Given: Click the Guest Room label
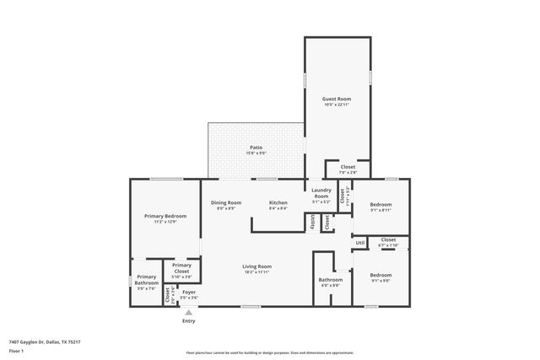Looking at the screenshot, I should (337, 99).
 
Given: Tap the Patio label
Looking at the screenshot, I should (255, 148).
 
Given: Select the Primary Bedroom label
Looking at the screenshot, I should (165, 216).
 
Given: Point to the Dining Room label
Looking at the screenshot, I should (226, 202).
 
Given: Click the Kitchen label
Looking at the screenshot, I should (278, 202).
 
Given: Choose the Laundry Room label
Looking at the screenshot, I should (321, 193).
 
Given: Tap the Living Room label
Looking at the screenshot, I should (257, 266).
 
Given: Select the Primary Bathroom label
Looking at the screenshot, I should (147, 280).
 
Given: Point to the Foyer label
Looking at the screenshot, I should (189, 293).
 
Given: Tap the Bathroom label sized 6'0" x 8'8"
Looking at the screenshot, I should (330, 280).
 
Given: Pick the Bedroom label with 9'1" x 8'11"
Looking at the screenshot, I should (381, 205).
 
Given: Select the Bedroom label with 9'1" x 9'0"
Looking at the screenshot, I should (381, 275).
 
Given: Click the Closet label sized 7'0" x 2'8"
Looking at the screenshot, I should (348, 167).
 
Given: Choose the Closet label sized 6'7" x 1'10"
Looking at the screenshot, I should (388, 239).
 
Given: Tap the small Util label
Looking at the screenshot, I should (359, 243).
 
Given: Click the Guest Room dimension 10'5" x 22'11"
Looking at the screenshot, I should (337, 105).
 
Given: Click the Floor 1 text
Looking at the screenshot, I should (17, 350).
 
